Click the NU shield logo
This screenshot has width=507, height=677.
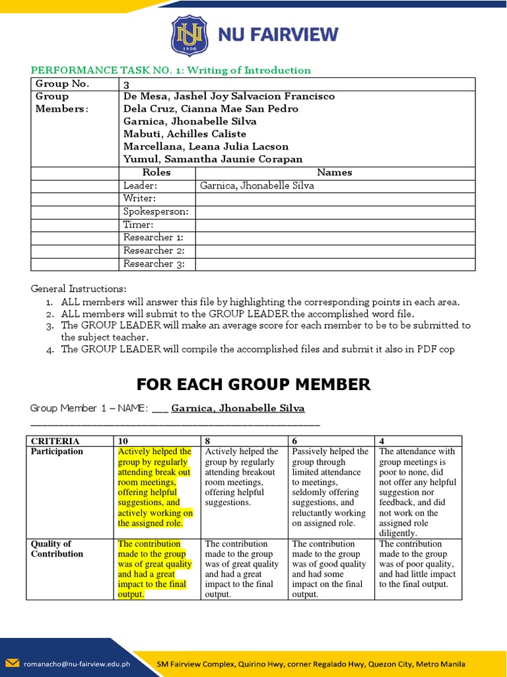[189, 35]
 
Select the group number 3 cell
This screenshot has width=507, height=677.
[127, 84]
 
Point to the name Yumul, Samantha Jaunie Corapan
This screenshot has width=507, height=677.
[213, 159]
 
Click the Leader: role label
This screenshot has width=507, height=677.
[139, 186]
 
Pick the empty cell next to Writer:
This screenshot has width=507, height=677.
[335, 199]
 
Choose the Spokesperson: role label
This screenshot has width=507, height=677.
[156, 212]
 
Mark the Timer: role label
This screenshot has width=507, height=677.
[138, 225]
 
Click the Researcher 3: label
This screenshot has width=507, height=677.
[149, 264]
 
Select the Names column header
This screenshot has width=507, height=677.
[335, 173]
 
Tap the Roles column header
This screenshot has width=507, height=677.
[156, 173]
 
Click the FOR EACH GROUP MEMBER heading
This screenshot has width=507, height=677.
[253, 384]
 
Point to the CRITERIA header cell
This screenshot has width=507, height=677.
[55, 441]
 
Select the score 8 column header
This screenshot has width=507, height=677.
[209, 441]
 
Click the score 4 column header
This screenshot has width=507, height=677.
[383, 441]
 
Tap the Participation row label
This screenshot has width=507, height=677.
[57, 452]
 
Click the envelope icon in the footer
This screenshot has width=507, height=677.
[13, 664]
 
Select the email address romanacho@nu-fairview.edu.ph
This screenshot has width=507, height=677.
[77, 664]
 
